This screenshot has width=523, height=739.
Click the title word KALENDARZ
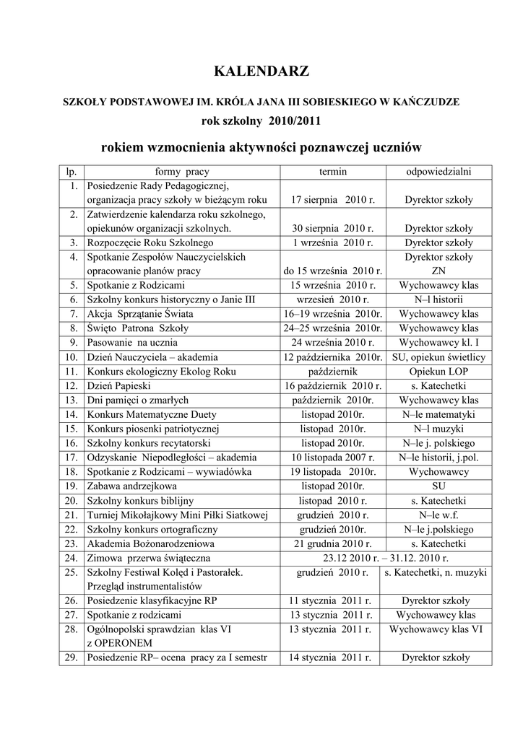(x=261, y=71)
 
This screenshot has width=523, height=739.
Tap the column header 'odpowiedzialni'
(x=438, y=172)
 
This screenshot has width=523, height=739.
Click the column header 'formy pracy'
(x=182, y=172)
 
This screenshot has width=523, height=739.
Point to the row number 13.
(x=71, y=400)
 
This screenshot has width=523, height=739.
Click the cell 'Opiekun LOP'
(x=438, y=372)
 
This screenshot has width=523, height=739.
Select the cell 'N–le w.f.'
(x=438, y=515)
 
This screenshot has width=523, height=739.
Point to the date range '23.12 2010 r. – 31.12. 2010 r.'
(x=386, y=557)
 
